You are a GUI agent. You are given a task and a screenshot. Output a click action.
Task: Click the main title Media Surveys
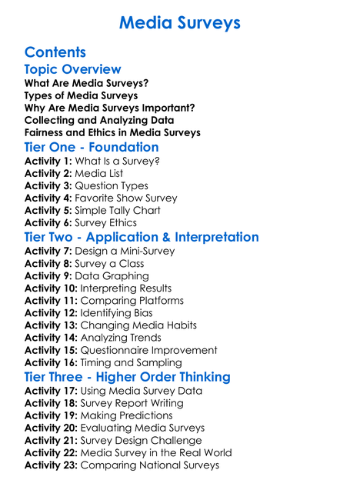click(180, 23)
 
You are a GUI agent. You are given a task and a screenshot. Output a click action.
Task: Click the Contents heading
click(55, 52)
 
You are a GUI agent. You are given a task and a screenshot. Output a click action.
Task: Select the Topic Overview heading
click(73, 69)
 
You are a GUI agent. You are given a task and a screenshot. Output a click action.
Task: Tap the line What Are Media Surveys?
click(87, 83)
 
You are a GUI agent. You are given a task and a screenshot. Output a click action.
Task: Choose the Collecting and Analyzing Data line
click(99, 120)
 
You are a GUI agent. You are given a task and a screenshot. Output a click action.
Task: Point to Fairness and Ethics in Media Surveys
click(112, 132)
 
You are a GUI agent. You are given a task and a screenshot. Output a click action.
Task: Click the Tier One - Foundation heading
click(92, 147)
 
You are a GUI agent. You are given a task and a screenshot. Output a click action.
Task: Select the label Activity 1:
click(48, 162)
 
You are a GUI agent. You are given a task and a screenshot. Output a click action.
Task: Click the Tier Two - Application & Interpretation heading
click(142, 237)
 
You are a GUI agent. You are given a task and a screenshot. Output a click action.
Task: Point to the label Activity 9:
click(48, 276)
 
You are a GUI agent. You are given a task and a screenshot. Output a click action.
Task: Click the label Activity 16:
click(51, 362)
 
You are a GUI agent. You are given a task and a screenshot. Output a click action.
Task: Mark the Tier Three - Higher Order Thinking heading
click(127, 377)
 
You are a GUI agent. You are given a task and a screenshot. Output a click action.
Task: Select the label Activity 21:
click(51, 441)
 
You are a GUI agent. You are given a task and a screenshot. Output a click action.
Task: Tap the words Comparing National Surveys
click(149, 465)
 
